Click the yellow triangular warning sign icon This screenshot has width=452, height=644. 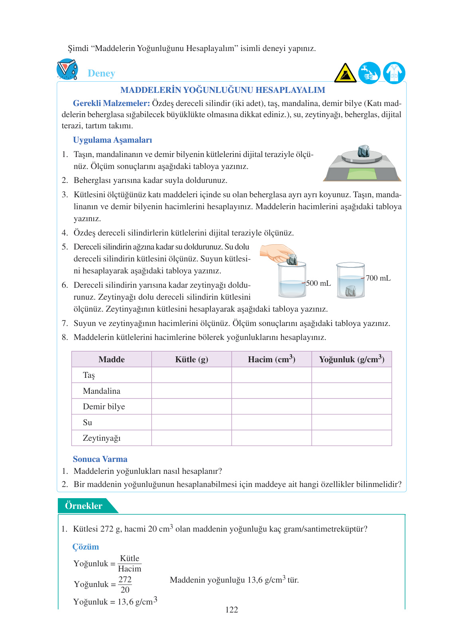click(x=345, y=73)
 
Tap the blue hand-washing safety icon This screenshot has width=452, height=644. click(x=369, y=73)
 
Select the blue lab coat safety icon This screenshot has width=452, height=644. click(x=394, y=73)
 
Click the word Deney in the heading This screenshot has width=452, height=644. click(x=101, y=73)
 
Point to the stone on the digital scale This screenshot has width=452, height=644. click(x=363, y=151)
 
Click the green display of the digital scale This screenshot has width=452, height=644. click(x=362, y=174)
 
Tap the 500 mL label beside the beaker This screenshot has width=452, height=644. click(x=318, y=283)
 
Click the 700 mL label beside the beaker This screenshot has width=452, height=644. click(x=378, y=278)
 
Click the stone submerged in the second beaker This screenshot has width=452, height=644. click(x=350, y=291)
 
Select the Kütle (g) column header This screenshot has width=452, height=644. click(x=191, y=359)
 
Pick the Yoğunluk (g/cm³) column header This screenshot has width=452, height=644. click(x=351, y=359)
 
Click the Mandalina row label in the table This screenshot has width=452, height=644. click(x=101, y=391)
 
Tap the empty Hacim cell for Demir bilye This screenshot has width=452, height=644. click(x=271, y=406)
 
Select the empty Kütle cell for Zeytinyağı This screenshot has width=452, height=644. click(x=191, y=438)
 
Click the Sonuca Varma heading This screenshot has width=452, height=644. click(x=100, y=459)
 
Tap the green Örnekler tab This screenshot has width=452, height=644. click(x=85, y=506)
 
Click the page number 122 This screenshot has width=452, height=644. click(x=232, y=610)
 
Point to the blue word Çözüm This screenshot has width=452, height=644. click(x=86, y=547)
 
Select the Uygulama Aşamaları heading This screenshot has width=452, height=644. click(x=112, y=140)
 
